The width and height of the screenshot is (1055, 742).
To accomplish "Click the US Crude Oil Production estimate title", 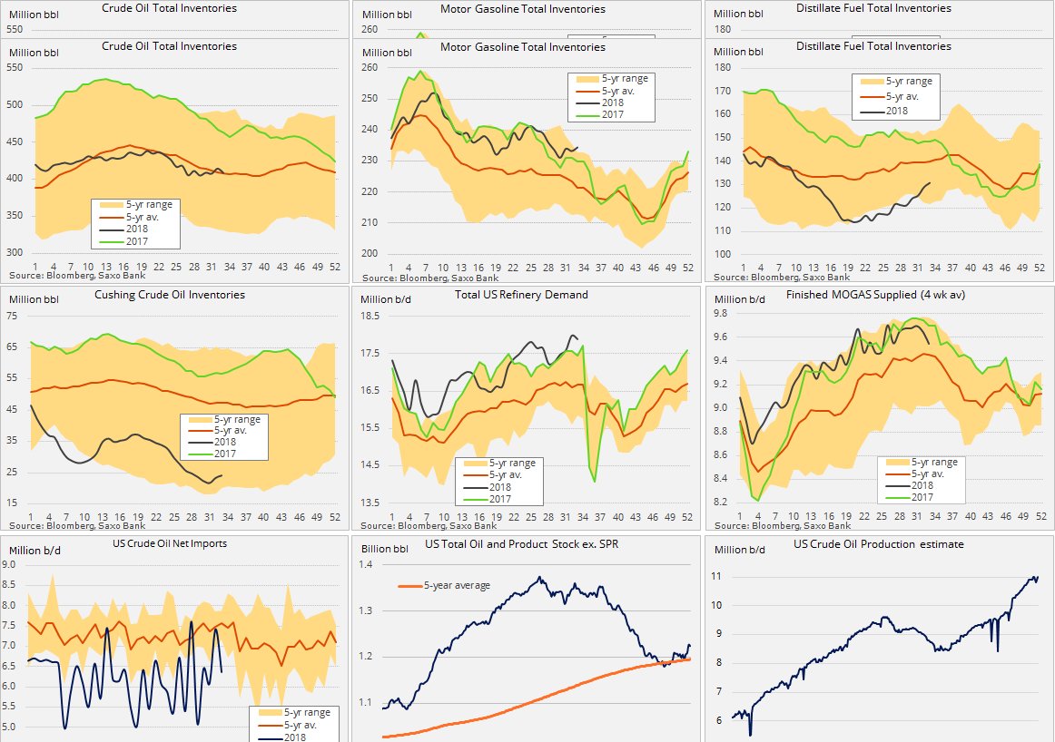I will tap(879, 544).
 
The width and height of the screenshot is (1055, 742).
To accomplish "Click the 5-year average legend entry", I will tap(457, 586).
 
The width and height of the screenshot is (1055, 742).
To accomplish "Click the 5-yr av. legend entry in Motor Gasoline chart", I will tap(625, 92).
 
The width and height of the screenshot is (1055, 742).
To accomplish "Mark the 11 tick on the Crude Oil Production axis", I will tap(717, 577).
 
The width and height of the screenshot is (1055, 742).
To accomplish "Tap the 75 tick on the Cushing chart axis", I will tap(15, 317).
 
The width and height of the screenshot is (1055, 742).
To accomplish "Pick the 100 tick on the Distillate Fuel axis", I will tap(724, 254).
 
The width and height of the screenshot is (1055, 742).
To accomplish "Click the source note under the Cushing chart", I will tap(77, 524).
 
